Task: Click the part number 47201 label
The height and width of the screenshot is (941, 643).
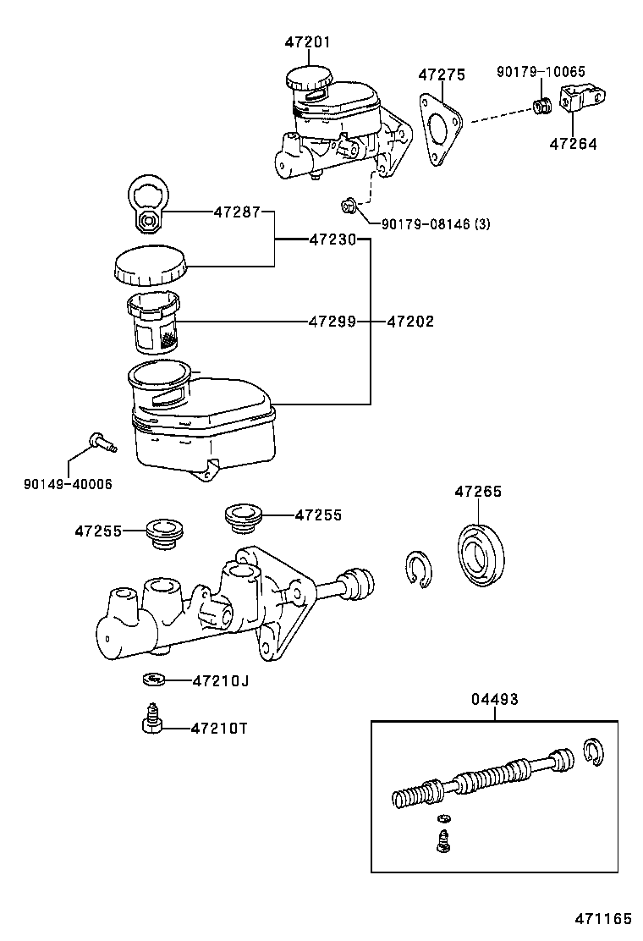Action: [307, 42]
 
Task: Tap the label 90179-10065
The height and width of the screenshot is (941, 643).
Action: [541, 72]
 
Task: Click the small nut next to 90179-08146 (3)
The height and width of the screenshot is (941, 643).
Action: [348, 206]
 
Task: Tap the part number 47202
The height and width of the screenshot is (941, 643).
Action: [410, 322]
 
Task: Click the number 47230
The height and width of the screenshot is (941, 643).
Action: [332, 240]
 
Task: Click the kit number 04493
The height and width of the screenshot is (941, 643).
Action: [495, 700]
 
